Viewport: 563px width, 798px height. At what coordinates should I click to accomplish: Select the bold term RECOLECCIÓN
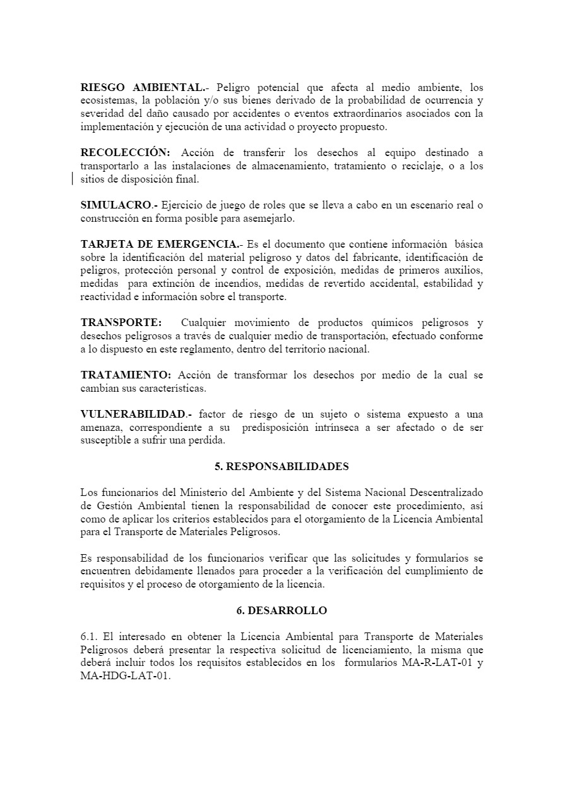tap(125, 152)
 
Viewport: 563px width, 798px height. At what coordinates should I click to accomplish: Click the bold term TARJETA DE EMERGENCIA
tap(158, 244)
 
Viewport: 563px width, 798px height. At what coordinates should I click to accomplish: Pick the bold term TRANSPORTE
tap(121, 322)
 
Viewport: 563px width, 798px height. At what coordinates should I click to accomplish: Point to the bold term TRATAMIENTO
tap(126, 375)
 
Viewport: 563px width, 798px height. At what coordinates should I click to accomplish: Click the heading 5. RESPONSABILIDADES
tap(281, 466)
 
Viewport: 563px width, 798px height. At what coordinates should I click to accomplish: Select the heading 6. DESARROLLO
tap(281, 610)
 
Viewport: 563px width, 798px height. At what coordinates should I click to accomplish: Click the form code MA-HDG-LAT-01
tap(126, 675)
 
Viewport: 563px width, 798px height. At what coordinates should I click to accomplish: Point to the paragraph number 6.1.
tap(89, 636)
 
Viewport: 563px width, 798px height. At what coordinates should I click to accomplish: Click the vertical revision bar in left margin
tap(73, 179)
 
